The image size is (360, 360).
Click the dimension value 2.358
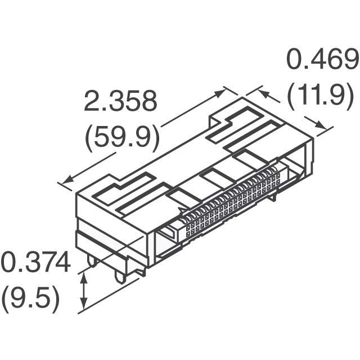coord(120,101)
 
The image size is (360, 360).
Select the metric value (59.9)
coord(122,138)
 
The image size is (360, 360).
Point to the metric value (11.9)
coord(320,97)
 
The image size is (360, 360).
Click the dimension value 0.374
coord(36,262)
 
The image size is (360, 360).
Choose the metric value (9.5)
coord(31,300)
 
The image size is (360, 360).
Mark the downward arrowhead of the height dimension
coord(84,303)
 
